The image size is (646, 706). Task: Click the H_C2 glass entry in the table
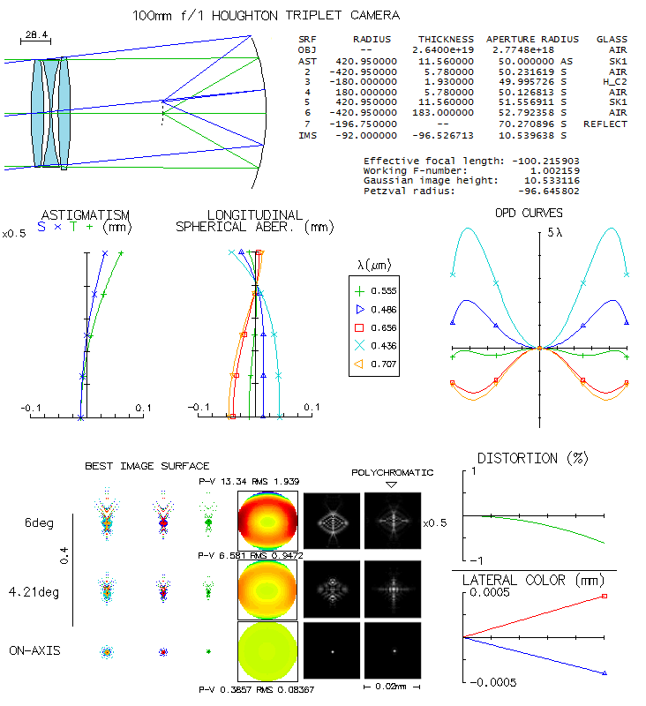[614, 82]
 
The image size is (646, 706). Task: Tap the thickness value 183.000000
[443, 113]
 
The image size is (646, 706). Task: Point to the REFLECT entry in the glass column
[605, 124]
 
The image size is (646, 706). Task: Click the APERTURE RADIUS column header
[532, 40]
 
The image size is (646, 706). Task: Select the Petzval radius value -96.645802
[549, 191]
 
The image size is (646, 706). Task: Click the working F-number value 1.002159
[555, 171]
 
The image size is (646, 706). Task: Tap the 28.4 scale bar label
[36, 34]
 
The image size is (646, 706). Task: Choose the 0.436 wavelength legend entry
[384, 346]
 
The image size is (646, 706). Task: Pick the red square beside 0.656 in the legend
[359, 327]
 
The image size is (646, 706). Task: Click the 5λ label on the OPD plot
[554, 232]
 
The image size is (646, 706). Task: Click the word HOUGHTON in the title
[244, 16]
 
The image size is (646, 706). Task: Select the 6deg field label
[39, 522]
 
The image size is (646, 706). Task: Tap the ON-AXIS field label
[34, 650]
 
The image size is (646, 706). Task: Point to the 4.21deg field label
[34, 591]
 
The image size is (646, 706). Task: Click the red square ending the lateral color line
[605, 597]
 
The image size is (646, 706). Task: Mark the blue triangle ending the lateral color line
[605, 673]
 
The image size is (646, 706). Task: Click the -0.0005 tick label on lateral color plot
[493, 682]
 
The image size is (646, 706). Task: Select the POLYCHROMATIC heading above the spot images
[392, 473]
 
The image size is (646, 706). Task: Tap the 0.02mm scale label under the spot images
[391, 687]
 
